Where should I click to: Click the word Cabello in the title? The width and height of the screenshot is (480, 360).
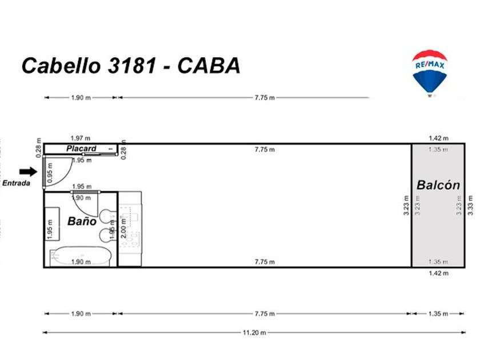(61, 66)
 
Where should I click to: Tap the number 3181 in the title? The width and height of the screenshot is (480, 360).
(130, 66)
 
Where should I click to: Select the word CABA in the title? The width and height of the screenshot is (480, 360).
(209, 66)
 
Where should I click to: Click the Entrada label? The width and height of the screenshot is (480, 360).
(16, 183)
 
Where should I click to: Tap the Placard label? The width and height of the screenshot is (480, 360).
(81, 149)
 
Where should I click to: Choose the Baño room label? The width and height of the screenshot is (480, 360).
(82, 222)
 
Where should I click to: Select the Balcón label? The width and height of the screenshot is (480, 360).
(438, 185)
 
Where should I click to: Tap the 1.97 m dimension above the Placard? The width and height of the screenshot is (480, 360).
(81, 138)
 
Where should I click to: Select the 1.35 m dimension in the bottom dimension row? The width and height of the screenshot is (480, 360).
(438, 314)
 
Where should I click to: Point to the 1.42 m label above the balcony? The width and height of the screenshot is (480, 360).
(438, 138)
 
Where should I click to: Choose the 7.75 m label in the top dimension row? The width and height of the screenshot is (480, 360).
(264, 98)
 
